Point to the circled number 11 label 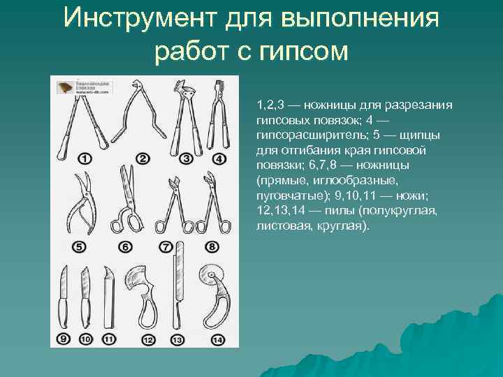(109, 339)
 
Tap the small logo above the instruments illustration (70, 87)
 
